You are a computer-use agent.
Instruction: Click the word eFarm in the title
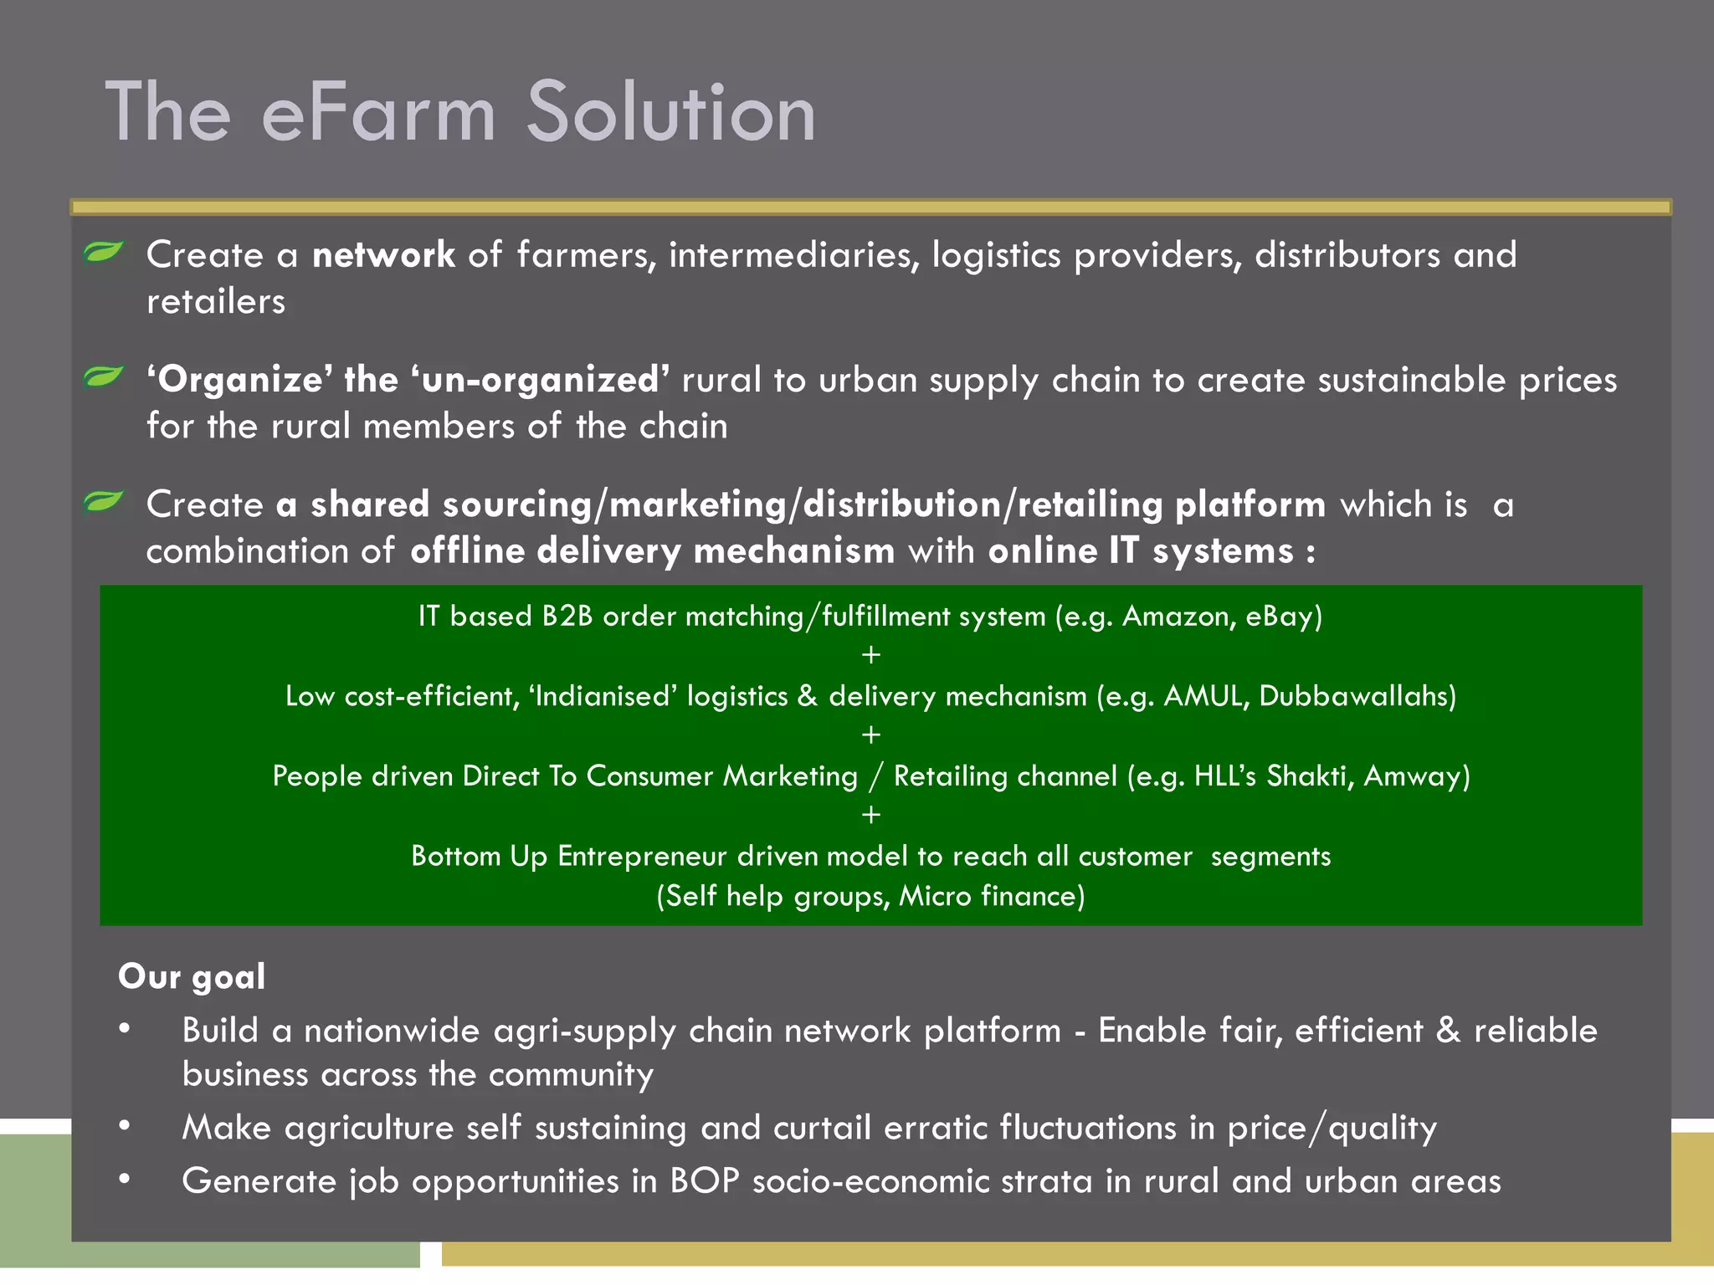tap(379, 113)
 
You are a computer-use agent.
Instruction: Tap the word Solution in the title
tap(671, 113)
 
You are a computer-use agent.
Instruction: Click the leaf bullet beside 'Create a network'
tap(104, 251)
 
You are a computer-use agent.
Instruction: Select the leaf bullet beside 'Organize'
tap(104, 376)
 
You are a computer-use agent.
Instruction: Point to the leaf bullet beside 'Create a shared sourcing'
tap(104, 501)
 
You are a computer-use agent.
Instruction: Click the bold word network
tap(383, 255)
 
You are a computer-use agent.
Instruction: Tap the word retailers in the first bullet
tap(216, 302)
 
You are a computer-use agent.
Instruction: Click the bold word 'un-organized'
tap(540, 380)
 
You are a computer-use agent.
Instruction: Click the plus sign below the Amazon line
tap(870, 655)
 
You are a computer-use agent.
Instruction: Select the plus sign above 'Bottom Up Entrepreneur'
tap(870, 815)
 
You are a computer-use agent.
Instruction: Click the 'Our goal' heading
tap(192, 977)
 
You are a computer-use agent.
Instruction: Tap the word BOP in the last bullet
tap(704, 1181)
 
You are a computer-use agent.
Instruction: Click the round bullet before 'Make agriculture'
tap(125, 1126)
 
